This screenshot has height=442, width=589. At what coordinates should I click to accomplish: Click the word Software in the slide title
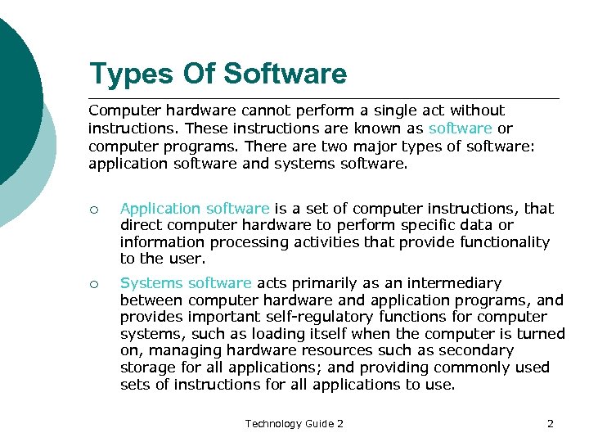tap(285, 74)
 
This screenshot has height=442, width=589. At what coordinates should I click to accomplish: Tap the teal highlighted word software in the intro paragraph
tap(461, 129)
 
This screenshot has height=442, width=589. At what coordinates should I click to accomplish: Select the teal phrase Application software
tap(195, 209)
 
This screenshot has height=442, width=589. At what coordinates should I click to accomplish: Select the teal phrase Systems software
tap(186, 283)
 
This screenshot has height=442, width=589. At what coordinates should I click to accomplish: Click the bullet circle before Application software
tap(95, 210)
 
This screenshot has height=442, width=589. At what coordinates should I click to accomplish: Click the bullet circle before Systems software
tap(95, 284)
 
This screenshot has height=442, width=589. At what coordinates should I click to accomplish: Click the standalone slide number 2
tap(551, 423)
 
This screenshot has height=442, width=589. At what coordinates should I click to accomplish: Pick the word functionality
tap(504, 242)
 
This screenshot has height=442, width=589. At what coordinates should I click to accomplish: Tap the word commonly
tap(474, 368)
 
